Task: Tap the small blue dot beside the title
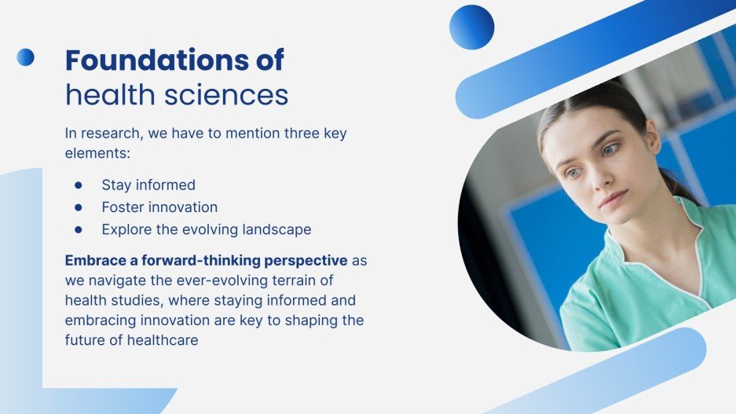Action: (x=25, y=57)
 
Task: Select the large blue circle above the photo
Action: (x=472, y=27)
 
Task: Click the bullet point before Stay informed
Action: (x=79, y=185)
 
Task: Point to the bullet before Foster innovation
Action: (x=79, y=207)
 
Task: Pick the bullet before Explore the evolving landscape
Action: (x=79, y=229)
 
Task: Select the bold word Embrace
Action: (x=96, y=260)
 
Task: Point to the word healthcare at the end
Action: (x=163, y=340)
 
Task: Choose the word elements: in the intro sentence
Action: (x=97, y=153)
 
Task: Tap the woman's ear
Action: (x=653, y=141)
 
